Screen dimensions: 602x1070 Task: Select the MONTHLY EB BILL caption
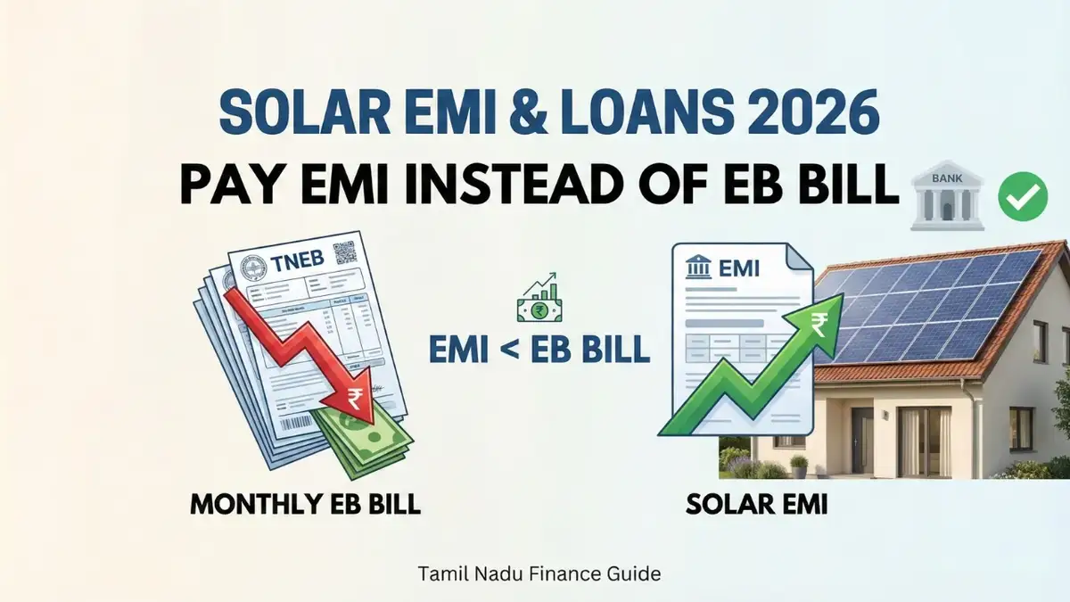click(x=305, y=505)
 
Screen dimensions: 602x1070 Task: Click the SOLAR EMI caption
click(x=757, y=505)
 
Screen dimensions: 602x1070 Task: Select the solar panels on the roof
click(x=936, y=303)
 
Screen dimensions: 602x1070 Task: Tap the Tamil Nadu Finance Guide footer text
click(x=539, y=573)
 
